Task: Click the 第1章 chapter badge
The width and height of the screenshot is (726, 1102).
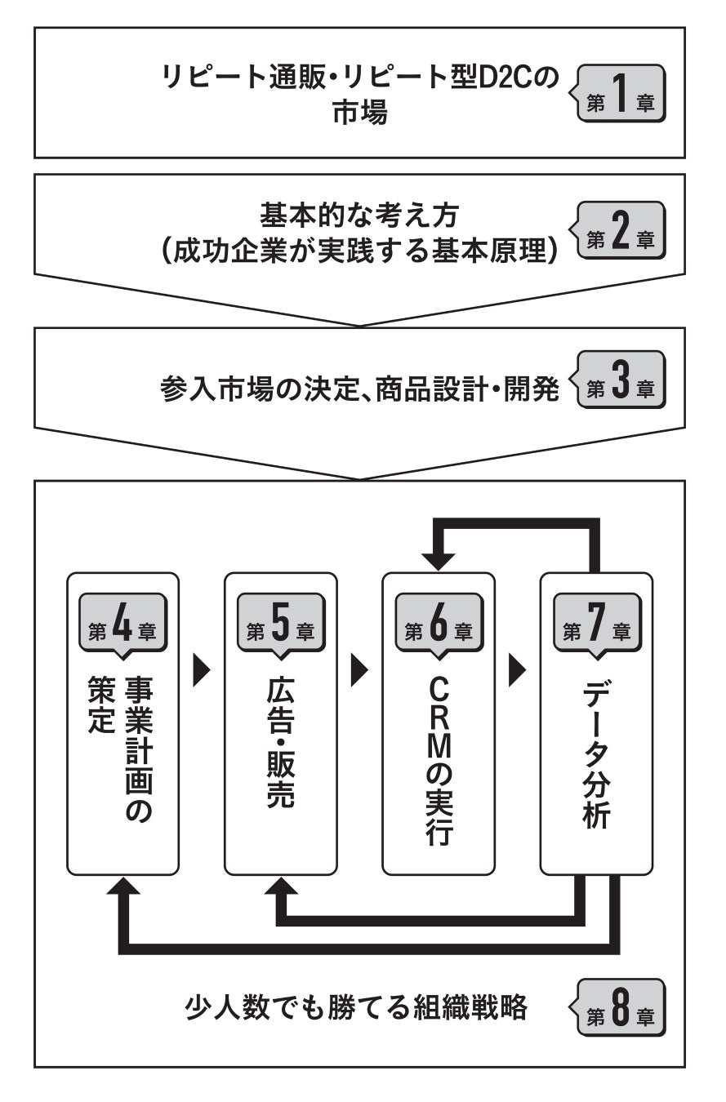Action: click(621, 94)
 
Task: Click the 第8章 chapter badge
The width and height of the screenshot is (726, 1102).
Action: click(621, 1008)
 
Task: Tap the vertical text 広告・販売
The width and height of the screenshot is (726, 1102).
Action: click(280, 742)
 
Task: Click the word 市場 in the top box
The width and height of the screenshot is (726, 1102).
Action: click(359, 113)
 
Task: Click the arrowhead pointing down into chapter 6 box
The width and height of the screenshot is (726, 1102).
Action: click(439, 562)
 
